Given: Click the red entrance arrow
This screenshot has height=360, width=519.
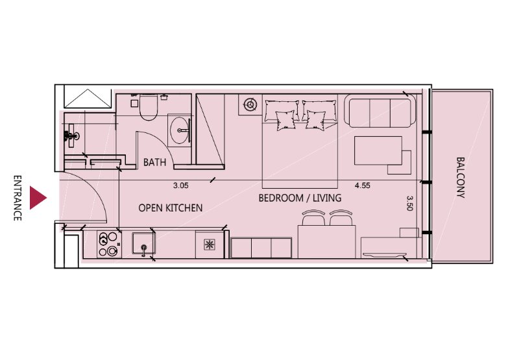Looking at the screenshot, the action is (38, 198).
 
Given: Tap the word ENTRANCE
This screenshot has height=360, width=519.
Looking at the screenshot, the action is (18, 198).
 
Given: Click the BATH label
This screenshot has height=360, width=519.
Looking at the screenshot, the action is (154, 162).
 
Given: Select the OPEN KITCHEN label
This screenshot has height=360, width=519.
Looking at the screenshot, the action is (171, 208).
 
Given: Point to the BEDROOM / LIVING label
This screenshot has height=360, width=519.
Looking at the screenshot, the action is (300, 198).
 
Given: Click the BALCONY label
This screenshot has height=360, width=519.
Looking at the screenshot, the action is (460, 177).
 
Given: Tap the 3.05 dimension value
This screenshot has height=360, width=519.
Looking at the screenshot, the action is (181, 186).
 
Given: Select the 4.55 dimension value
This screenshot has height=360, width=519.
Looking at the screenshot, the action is (363, 186).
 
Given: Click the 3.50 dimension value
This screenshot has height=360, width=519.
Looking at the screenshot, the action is (410, 203).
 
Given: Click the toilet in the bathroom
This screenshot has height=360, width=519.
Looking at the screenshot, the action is (149, 106).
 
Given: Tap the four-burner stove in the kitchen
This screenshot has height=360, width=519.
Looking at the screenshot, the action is (109, 244).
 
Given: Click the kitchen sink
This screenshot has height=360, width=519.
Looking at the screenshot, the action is (143, 243).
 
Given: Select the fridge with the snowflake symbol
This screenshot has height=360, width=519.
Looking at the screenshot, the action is (209, 245).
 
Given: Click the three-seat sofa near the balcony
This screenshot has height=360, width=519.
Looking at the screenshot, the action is (380, 111).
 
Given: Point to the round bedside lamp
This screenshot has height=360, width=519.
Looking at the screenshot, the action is (250, 105).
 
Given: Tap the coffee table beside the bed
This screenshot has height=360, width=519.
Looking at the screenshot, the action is (378, 150).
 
